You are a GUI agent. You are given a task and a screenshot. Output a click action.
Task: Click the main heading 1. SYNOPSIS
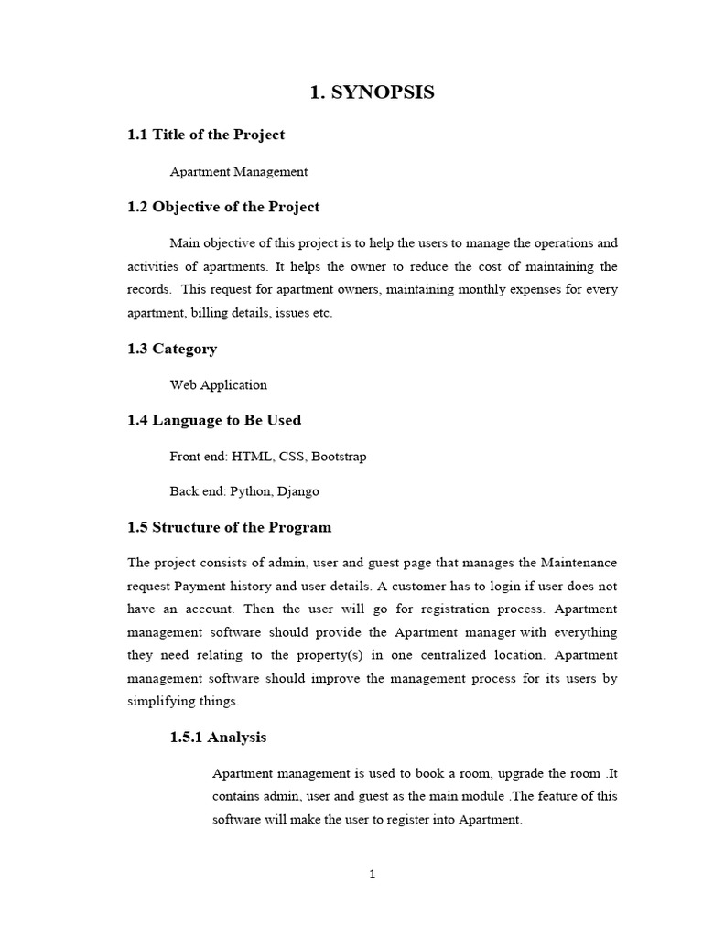click(373, 92)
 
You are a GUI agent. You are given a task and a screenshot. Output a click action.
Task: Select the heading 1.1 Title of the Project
click(206, 135)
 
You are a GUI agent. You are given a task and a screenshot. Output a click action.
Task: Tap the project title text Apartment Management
click(239, 171)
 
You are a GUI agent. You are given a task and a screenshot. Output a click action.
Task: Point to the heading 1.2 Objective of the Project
click(223, 207)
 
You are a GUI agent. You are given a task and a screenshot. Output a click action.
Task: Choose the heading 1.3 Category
click(172, 349)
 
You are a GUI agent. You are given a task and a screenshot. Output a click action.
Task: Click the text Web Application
click(218, 385)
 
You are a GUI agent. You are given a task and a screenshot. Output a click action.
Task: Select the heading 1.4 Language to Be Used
click(214, 421)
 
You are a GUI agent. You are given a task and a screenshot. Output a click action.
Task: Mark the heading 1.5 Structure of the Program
click(229, 527)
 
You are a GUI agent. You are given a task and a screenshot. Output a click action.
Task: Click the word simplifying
click(158, 702)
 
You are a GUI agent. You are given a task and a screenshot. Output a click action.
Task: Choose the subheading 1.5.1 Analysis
click(218, 737)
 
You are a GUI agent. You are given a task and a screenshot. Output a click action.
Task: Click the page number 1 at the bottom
click(373, 874)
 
